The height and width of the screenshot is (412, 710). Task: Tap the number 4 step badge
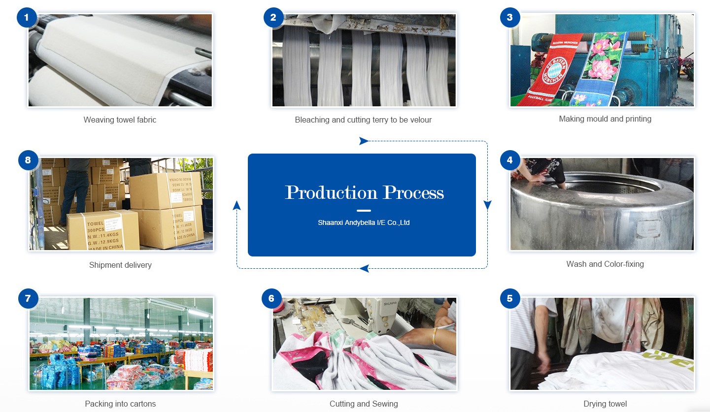click(x=509, y=160)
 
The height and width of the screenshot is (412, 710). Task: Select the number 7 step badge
click(x=28, y=298)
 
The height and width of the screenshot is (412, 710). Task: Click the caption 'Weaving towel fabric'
click(x=120, y=120)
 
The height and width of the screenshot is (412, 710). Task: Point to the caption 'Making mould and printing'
click(x=605, y=119)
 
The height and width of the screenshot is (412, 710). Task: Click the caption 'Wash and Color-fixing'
click(x=605, y=264)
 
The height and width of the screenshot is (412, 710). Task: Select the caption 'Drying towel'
click(x=605, y=404)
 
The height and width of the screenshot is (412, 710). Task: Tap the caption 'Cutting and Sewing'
click(x=364, y=404)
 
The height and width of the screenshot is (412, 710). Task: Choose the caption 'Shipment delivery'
click(x=120, y=265)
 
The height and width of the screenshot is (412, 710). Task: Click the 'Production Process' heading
click(x=364, y=192)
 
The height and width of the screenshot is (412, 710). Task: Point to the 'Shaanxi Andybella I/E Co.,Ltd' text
click(x=364, y=222)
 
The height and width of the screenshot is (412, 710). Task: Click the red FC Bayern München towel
click(x=555, y=71)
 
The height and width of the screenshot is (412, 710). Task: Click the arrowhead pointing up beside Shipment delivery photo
click(x=237, y=205)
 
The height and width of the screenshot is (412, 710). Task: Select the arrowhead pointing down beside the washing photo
click(x=487, y=205)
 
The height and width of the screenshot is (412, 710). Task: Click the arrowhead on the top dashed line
click(x=364, y=141)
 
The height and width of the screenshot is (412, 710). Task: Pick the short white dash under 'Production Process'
click(x=364, y=211)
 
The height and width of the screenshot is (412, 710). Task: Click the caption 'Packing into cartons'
click(x=120, y=404)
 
